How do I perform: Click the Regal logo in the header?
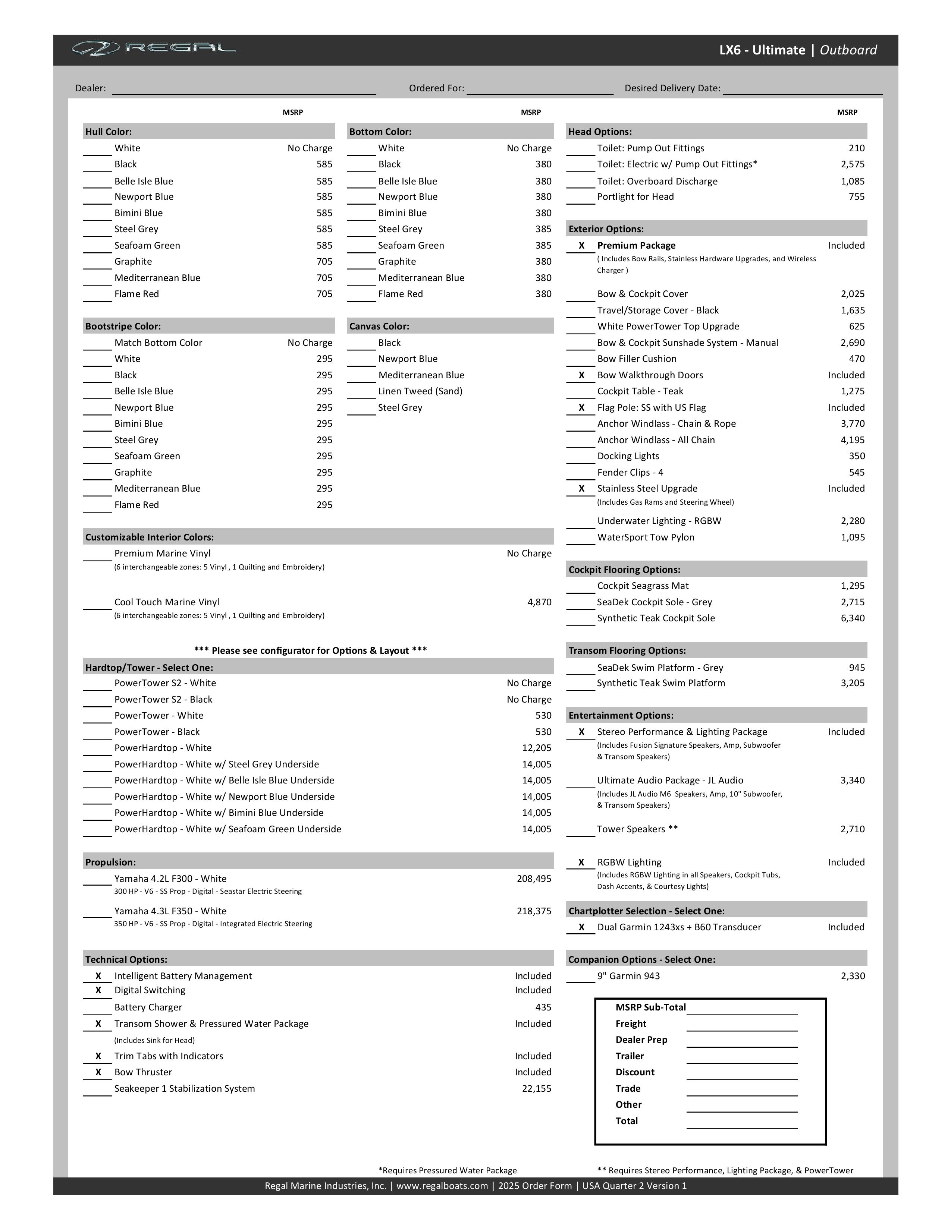[x=153, y=49]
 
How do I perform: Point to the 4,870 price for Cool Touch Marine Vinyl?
[x=539, y=602]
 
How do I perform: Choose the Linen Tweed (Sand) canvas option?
[x=420, y=391]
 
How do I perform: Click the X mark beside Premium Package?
[x=581, y=246]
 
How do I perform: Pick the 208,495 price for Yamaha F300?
[x=534, y=879]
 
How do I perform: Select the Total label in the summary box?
[x=627, y=1121]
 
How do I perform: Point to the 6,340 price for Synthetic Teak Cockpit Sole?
[x=853, y=618]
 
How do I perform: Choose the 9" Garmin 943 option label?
[x=628, y=976]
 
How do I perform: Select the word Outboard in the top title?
[x=848, y=50]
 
